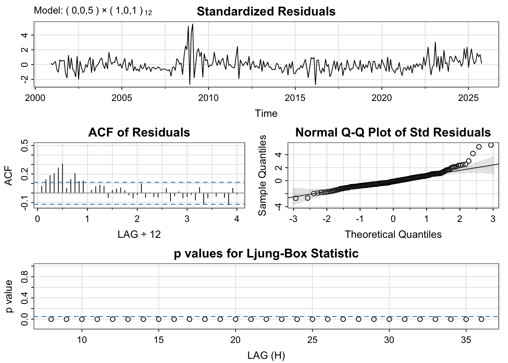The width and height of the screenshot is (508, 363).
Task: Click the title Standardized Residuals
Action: [x=266, y=11]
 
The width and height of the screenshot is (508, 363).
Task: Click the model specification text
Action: [x=93, y=11]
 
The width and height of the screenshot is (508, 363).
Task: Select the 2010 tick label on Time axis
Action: [x=208, y=98]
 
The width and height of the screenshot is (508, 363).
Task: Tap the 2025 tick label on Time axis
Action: [x=468, y=98]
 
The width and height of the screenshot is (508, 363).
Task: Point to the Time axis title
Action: [x=266, y=113]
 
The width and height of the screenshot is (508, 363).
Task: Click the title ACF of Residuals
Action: [x=139, y=132]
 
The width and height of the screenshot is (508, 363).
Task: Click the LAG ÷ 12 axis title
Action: [x=139, y=234]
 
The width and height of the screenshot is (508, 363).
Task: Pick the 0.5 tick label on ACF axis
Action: [x=25, y=146]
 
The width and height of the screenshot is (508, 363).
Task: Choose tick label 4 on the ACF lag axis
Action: [x=237, y=219]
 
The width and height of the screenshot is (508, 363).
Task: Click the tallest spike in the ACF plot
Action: [x=62, y=164]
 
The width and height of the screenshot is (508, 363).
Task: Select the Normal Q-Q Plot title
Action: [x=393, y=132]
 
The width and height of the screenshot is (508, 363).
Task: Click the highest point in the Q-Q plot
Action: [x=491, y=145]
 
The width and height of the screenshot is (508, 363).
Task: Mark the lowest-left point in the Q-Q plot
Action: [x=296, y=199]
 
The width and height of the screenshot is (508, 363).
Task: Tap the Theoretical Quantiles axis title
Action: [x=393, y=234]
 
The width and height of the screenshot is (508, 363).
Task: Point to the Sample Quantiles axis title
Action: [x=262, y=175]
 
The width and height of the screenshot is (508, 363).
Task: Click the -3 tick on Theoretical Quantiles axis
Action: [x=293, y=219]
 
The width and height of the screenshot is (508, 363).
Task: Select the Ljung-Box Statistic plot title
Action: [x=266, y=253]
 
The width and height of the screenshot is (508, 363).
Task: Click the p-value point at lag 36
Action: [x=482, y=319]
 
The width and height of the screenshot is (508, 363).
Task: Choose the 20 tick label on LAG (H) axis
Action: [x=235, y=340]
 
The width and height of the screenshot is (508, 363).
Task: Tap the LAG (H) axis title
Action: [x=266, y=355]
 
